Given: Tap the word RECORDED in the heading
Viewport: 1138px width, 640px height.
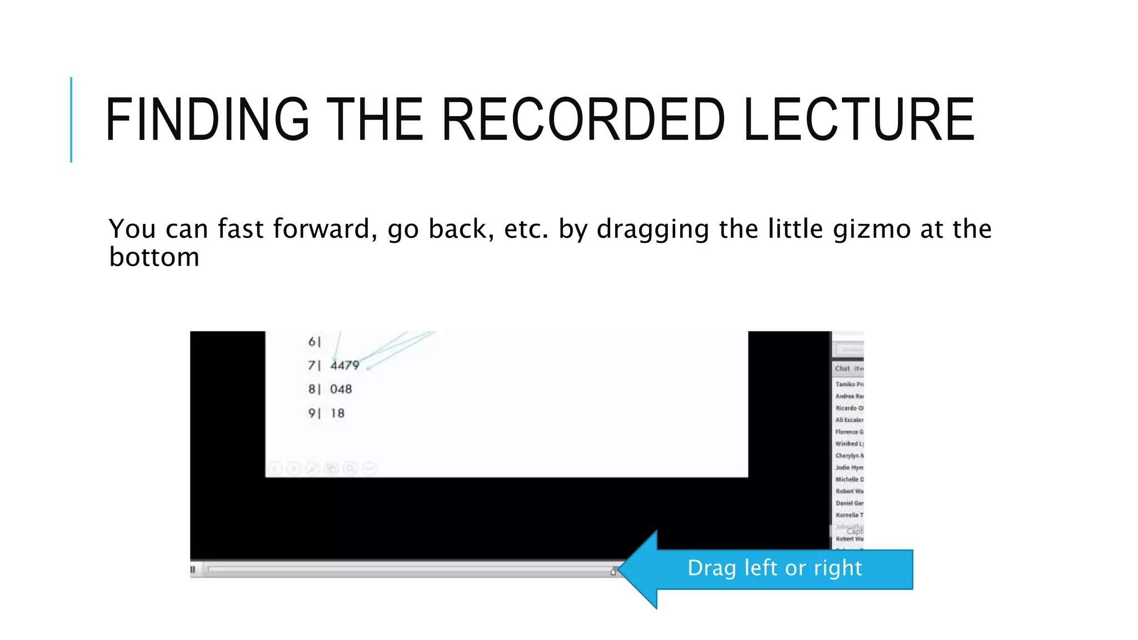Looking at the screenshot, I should point(583,119).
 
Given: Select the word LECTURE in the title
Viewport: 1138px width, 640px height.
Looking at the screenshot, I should point(859,119).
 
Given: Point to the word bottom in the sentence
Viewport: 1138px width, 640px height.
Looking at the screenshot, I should point(154,257).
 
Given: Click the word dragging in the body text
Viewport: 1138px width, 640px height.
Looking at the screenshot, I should point(652,229).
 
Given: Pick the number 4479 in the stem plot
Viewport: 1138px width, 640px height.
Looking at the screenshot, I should point(345,366).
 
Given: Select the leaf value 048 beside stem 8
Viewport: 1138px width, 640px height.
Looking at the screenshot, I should point(341,389).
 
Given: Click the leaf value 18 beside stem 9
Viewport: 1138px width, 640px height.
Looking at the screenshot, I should point(337,413).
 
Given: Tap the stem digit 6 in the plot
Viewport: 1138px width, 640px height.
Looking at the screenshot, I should point(312,342).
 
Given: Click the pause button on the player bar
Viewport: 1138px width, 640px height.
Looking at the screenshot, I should point(193,569).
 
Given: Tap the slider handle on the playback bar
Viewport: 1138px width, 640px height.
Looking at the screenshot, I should point(613,571).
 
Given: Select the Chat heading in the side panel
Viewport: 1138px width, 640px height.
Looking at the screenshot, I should point(842,368).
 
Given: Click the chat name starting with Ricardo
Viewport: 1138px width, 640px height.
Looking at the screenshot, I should point(849,408).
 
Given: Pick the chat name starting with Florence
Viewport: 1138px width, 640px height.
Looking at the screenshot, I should point(849,432).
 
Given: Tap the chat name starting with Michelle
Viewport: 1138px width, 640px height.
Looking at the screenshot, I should point(849,479).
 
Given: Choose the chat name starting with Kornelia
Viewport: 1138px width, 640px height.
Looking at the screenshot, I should point(849,515).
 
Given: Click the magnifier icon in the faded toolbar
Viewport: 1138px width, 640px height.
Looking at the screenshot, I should point(350,469).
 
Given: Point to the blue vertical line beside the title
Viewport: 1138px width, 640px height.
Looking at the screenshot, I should point(71,119).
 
